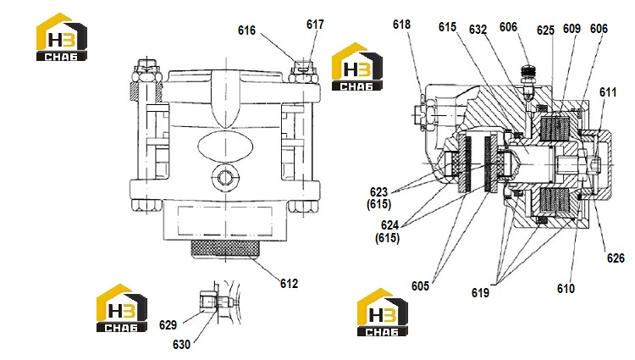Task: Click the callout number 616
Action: tap(246, 30)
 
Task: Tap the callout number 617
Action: tap(315, 25)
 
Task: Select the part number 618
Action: tap(401, 25)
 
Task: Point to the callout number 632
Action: tap(478, 30)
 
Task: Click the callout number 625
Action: tap(545, 30)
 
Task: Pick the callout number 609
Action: tap(571, 29)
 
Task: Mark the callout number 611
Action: tap(608, 92)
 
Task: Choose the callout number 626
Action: tap(616, 258)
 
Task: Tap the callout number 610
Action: tap(566, 289)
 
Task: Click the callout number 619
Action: tap(480, 292)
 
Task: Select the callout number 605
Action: tap(420, 286)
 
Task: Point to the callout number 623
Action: tap(378, 192)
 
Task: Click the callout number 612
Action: tap(290, 284)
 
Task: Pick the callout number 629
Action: tap(168, 325)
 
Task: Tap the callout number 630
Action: tap(181, 345)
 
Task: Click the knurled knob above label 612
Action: tap(226, 249)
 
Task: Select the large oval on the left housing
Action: tap(225, 147)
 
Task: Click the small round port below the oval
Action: tap(225, 177)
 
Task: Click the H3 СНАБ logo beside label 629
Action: tap(121, 308)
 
